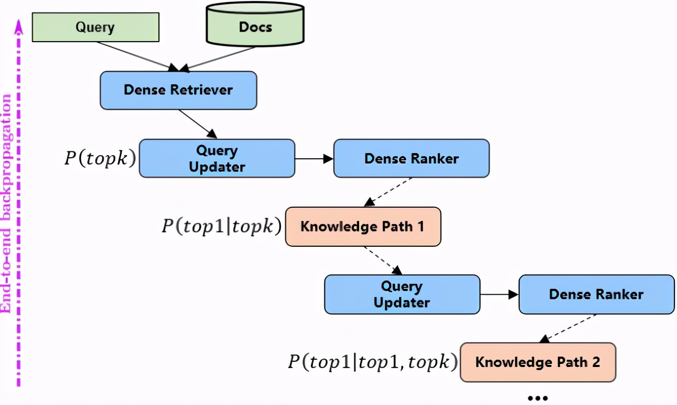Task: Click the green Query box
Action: (x=95, y=27)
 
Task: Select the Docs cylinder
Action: (x=255, y=26)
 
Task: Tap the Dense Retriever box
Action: (x=178, y=90)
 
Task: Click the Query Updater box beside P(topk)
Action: (x=217, y=158)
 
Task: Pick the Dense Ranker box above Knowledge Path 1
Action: (x=411, y=158)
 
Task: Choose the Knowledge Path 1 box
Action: (x=363, y=227)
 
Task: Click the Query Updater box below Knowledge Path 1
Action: (x=402, y=294)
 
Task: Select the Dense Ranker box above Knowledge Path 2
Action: (x=597, y=294)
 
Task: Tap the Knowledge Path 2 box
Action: (x=538, y=362)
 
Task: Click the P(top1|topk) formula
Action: (x=221, y=226)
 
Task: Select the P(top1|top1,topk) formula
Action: (x=372, y=362)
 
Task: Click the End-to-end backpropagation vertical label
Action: (x=7, y=203)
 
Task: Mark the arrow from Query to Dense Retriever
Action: (x=137, y=55)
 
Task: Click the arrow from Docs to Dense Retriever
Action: (x=219, y=58)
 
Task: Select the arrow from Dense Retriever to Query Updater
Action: (x=198, y=124)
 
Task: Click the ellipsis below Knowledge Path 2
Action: (x=538, y=397)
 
